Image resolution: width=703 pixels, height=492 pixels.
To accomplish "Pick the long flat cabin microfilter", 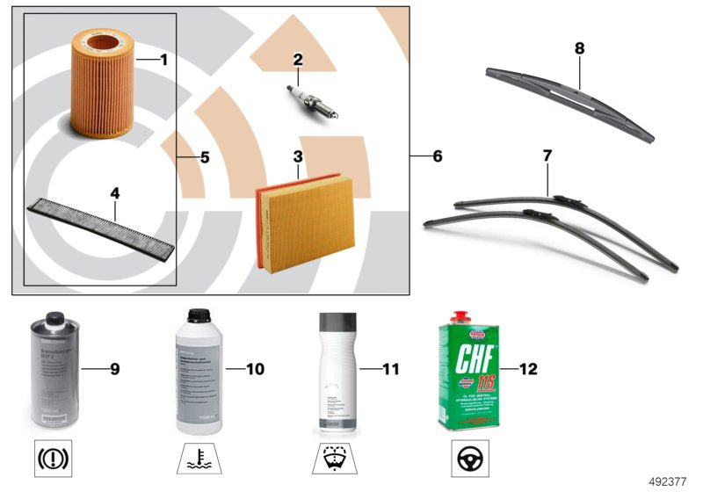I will pos(102,224).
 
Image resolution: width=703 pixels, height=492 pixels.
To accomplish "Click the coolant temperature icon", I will pos(199,458).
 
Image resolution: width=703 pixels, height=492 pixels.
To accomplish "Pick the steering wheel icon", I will pos(467,458).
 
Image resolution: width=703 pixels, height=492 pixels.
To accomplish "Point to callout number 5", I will pos(204,158).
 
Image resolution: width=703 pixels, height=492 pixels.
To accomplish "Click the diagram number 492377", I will pos(670,481).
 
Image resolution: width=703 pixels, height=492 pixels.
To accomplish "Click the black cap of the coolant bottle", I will pos(199,315).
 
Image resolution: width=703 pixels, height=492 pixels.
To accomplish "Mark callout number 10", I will pos(254,369).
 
